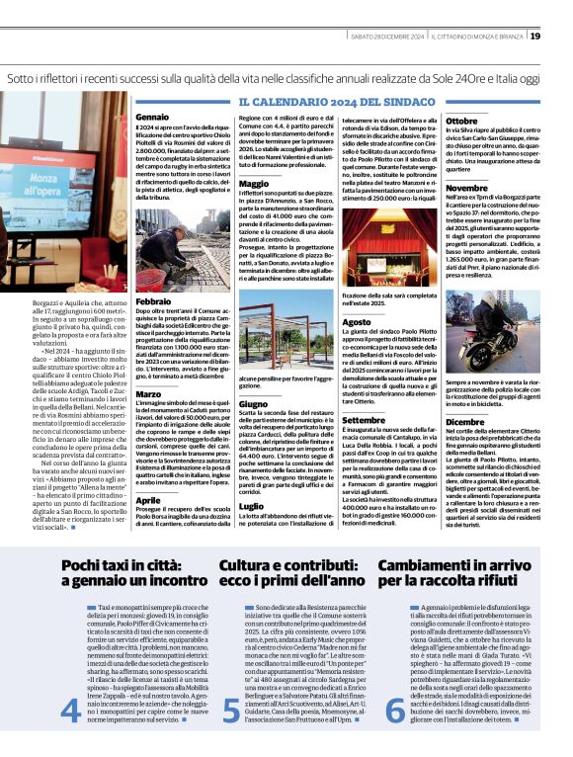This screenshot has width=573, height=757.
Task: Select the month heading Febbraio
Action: click(154, 300)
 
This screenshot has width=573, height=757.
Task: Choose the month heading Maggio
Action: click(254, 184)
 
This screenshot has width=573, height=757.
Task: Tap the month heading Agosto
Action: click(357, 322)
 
